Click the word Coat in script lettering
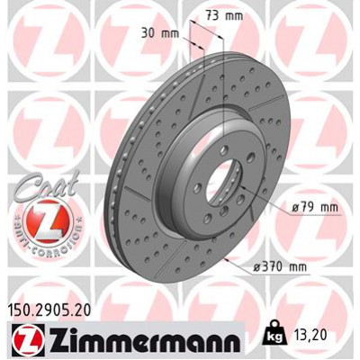point(37,175)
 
